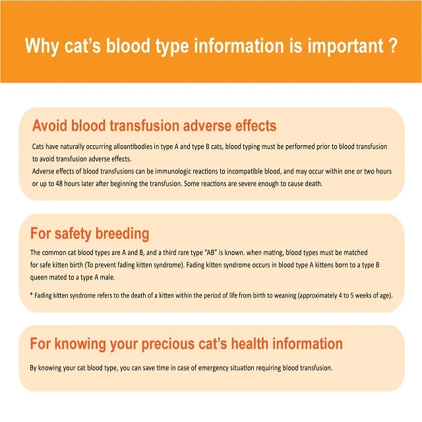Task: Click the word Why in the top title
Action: click(x=42, y=47)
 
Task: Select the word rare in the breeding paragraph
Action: click(x=210, y=253)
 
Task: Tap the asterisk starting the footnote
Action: click(x=32, y=295)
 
